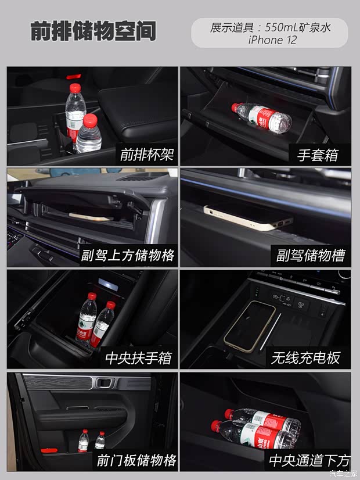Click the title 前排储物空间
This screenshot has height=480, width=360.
[93, 33]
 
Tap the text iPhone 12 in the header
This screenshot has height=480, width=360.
[272, 40]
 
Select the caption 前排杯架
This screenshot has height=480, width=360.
[147, 155]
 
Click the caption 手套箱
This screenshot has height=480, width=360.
[318, 155]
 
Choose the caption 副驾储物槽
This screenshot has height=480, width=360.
[311, 255]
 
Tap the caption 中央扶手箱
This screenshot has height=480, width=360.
[139, 357]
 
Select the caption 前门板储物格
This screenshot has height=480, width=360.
[136, 460]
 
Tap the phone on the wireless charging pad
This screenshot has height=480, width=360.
[250, 325]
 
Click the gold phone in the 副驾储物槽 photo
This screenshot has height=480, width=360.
[248, 217]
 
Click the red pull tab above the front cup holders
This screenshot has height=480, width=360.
[73, 76]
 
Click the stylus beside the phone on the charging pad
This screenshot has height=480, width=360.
[271, 332]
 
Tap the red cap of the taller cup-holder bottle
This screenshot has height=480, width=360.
[74, 87]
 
